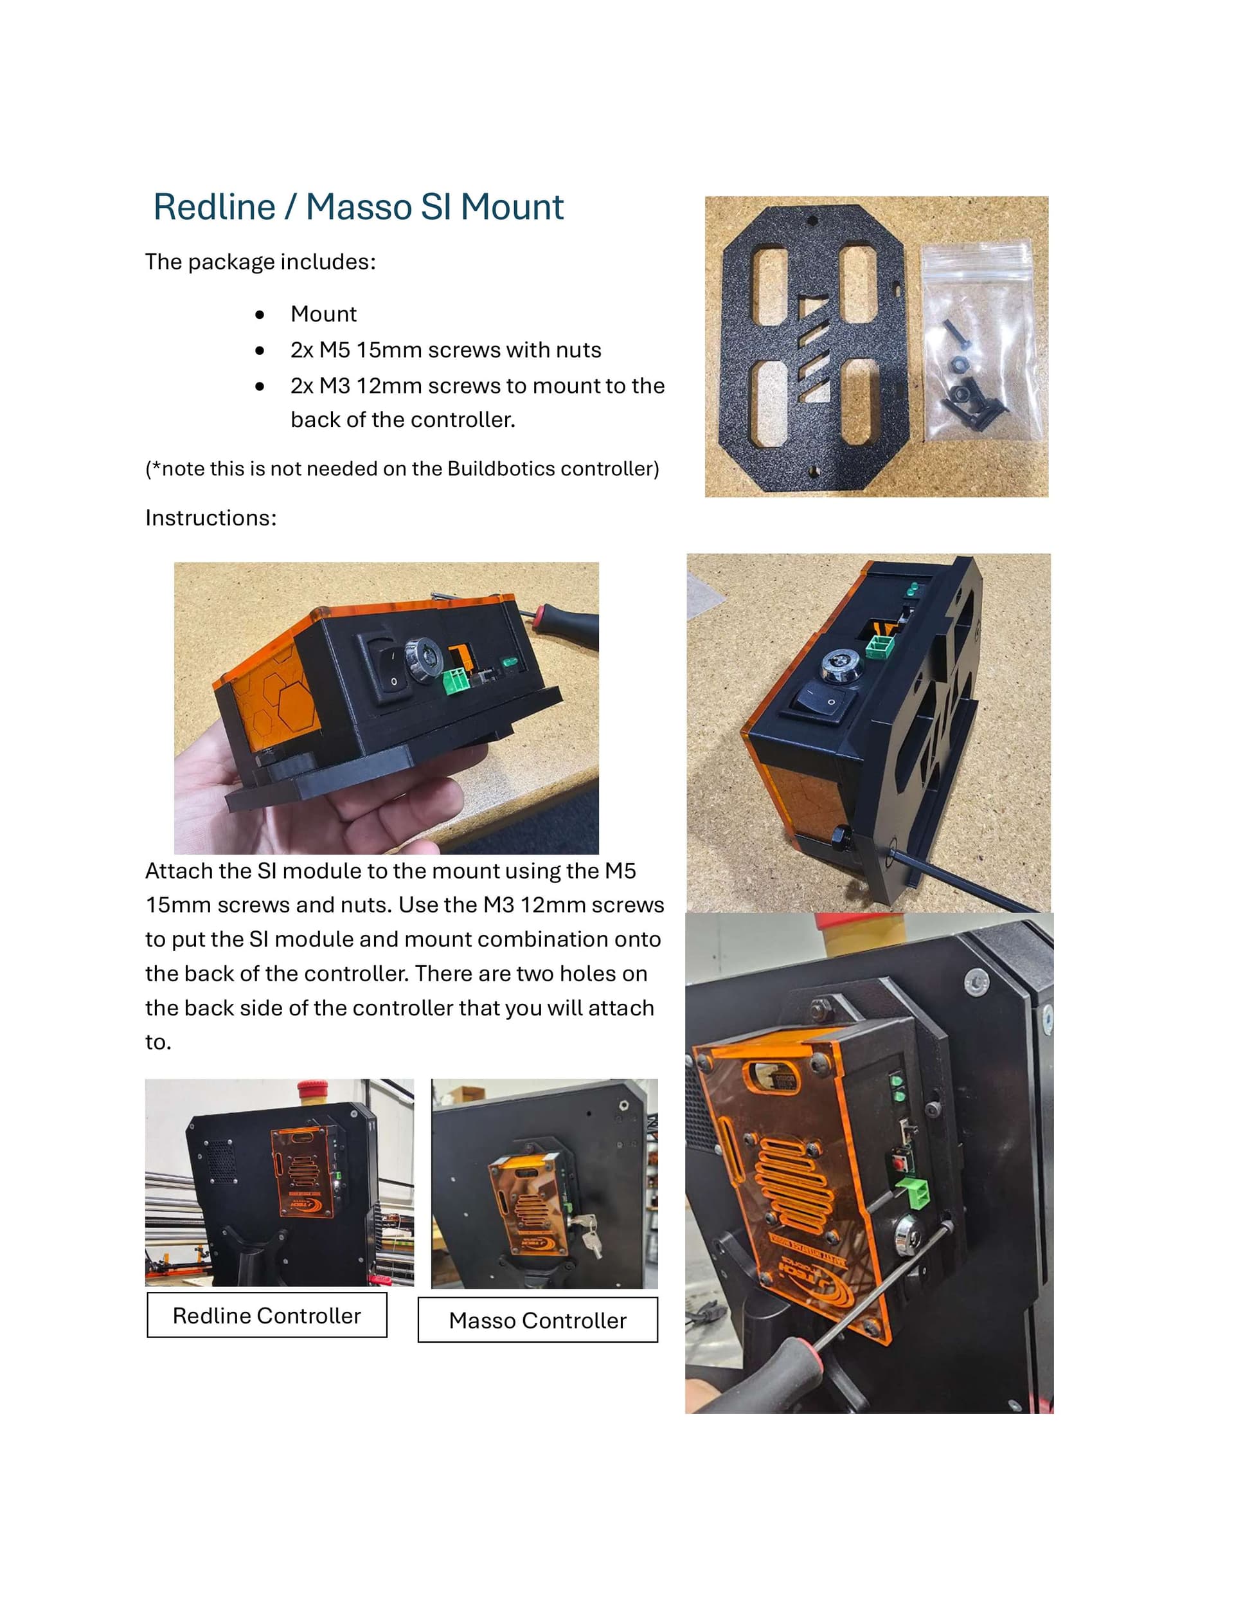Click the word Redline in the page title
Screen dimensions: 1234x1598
pos(214,207)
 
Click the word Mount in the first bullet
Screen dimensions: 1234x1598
pos(323,314)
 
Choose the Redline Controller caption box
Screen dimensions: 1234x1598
pos(267,1315)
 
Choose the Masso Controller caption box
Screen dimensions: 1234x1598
pos(538,1320)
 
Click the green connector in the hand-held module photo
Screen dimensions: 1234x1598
pos(457,680)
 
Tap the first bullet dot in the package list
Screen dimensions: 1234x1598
pos(260,314)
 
